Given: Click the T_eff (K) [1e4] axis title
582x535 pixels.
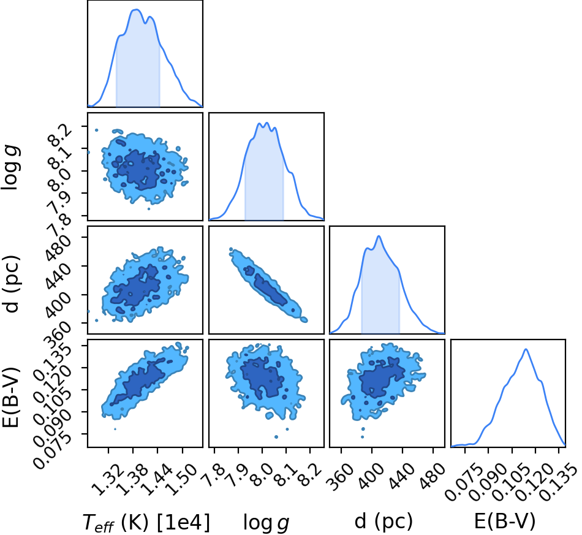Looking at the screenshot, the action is click(146, 522).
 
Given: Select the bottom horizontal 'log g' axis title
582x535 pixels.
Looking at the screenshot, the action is click(266, 523).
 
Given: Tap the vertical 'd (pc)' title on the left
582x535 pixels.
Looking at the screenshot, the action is click(11, 284).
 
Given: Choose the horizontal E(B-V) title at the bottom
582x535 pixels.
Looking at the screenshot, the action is click(505, 521).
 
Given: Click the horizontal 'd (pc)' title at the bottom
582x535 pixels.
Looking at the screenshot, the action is click(384, 521).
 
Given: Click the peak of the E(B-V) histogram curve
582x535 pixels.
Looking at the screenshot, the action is click(526, 349).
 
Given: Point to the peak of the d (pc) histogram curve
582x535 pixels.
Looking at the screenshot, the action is click(379, 236).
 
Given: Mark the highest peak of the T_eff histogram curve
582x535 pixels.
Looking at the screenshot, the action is click(136, 9).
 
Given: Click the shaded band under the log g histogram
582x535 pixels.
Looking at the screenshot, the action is click(264, 175).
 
